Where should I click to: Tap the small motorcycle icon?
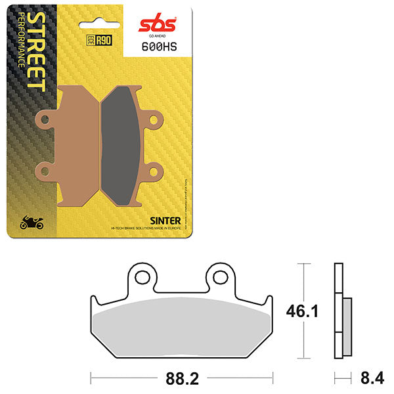tap(32, 223)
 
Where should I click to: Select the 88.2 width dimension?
tap(182, 378)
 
